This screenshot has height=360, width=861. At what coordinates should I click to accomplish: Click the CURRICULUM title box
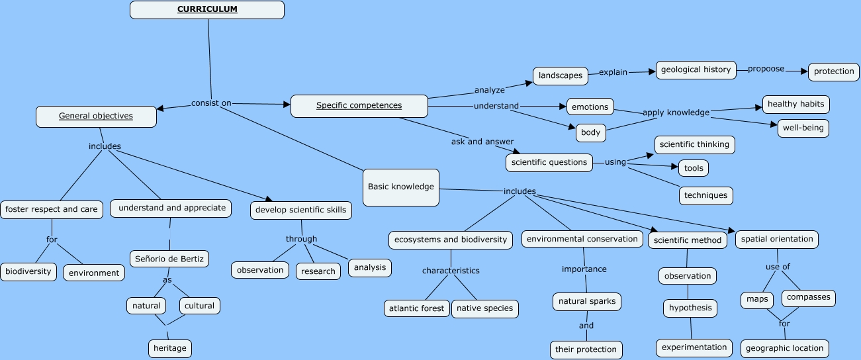207,10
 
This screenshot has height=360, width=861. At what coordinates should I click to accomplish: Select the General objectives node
96,116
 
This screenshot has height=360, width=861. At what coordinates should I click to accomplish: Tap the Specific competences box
359,106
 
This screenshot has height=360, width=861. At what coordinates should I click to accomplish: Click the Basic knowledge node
400,187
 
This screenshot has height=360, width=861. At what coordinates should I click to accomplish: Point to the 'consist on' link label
211,103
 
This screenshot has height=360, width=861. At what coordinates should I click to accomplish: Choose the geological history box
696,70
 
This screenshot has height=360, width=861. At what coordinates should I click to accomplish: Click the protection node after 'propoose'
833,72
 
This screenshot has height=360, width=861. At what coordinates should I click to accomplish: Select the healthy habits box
795,105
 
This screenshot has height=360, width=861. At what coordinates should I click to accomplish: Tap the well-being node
803,128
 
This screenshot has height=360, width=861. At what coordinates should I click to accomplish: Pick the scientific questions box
549,162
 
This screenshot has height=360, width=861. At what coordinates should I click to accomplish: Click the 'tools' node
693,168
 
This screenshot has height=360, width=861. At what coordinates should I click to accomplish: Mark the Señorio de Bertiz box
169,259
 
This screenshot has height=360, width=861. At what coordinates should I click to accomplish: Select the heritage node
170,348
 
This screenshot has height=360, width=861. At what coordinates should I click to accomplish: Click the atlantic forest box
416,308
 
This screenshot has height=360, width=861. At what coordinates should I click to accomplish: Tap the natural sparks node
586,302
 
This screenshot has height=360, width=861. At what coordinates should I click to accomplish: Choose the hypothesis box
690,308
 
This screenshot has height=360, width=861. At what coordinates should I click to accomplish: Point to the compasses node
808,298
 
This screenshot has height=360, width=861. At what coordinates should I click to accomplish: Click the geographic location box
784,348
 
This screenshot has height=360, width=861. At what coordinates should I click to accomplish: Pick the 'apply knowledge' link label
676,112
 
